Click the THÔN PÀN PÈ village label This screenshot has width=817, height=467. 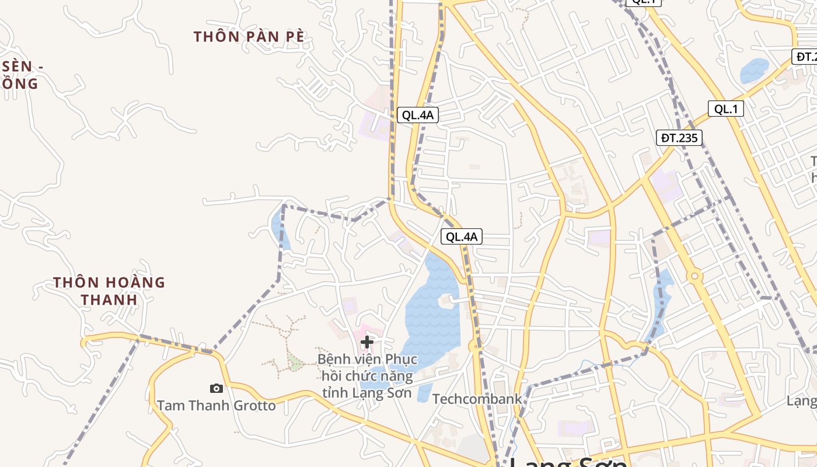[249, 36]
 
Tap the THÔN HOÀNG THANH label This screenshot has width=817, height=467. [109, 291]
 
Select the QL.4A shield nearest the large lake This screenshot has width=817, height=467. [462, 236]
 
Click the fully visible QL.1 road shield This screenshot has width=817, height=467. [725, 109]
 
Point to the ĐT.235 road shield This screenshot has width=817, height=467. [679, 138]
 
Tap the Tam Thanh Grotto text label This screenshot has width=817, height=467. [216, 405]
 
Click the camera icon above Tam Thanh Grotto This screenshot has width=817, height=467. [216, 388]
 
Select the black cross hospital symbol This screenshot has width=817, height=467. [367, 341]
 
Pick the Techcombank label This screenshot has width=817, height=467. [477, 399]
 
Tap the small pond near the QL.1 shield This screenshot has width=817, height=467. [755, 71]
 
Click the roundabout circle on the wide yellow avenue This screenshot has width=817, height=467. [694, 276]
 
